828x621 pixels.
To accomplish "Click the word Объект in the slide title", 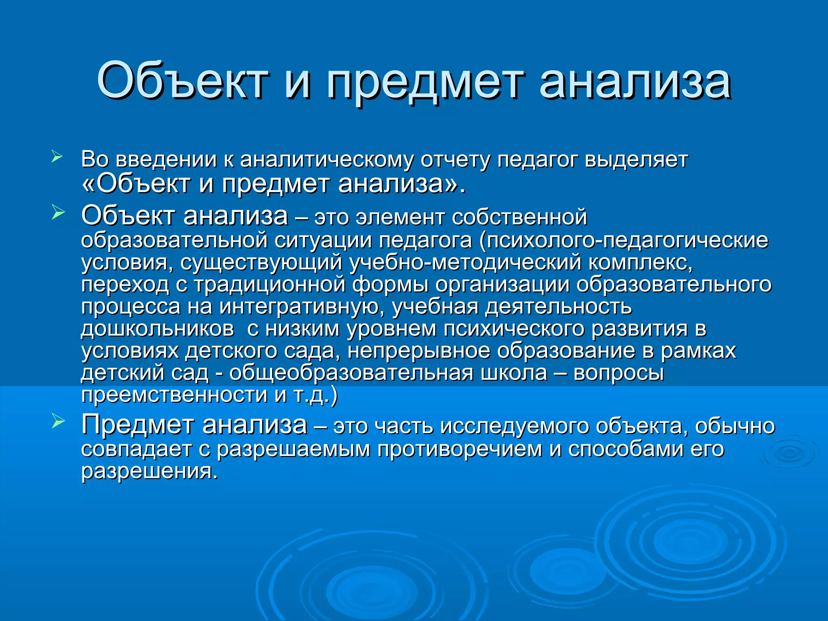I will tap(182, 81).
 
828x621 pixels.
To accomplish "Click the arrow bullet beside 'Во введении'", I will tap(57, 156).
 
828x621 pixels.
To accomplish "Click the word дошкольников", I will tap(157, 329).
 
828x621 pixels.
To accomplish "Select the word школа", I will tap(513, 373).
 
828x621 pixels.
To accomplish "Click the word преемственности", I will tap(174, 395).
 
